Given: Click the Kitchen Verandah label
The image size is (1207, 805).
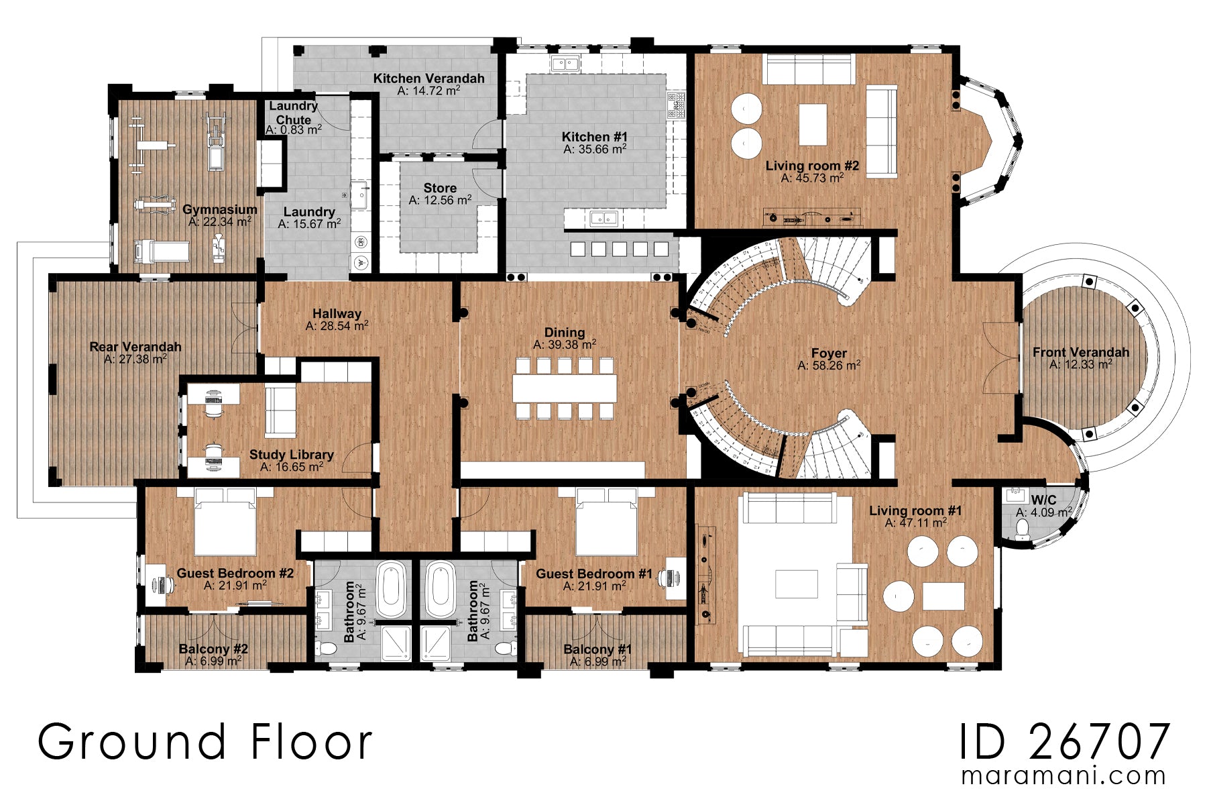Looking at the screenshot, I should [428, 78].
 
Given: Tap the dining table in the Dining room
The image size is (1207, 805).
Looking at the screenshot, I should [565, 388].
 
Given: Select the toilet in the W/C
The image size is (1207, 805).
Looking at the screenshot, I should [1022, 530].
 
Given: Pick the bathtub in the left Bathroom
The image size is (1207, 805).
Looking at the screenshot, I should [392, 589].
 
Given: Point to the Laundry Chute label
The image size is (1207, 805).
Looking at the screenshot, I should [293, 113].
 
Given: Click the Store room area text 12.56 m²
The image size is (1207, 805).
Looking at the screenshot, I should [440, 201].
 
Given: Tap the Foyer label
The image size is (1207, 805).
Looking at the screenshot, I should [829, 353].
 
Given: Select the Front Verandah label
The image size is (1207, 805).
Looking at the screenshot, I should [1080, 352].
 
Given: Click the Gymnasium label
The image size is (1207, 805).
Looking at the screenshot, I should [220, 209].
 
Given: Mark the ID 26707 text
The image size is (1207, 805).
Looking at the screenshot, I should [1064, 743].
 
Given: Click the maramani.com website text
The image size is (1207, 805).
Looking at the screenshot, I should [1064, 776].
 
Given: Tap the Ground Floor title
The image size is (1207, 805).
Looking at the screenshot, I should [205, 743].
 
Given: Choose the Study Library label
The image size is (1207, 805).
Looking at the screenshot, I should [291, 454].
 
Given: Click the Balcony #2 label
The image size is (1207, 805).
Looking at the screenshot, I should [213, 649].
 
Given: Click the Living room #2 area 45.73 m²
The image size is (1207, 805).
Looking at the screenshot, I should [812, 178].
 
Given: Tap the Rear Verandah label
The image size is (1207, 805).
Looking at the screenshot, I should [135, 347].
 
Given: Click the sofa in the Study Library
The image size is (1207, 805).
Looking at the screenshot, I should [280, 411].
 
